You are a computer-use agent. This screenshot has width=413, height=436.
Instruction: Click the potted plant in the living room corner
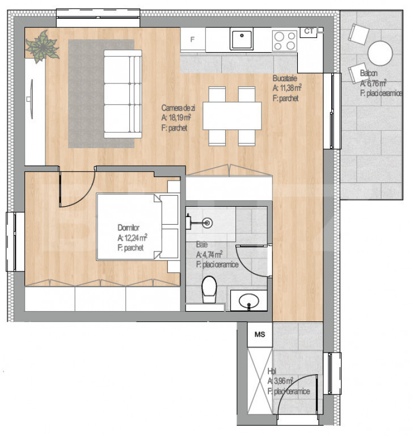[41, 47]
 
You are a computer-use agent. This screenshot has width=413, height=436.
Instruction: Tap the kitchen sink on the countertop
[242, 40]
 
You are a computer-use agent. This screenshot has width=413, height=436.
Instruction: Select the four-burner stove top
[284, 40]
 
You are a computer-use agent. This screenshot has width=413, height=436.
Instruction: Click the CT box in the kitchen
[308, 31]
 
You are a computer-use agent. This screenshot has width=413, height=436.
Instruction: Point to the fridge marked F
[192, 40]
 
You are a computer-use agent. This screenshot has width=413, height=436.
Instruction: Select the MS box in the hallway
[260, 334]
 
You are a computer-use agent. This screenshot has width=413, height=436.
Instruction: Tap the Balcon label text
[370, 73]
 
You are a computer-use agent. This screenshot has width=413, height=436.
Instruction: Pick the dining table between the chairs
[232, 116]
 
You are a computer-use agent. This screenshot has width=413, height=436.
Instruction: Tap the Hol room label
[272, 372]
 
